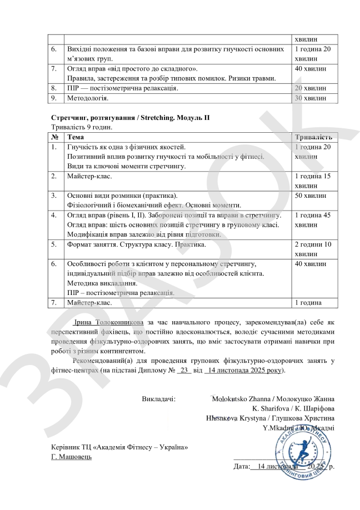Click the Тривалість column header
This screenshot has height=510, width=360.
click(x=313, y=137)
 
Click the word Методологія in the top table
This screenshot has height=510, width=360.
click(x=88, y=98)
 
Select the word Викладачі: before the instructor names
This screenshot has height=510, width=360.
click(x=158, y=399)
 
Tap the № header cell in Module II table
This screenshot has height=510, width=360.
click(x=55, y=137)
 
